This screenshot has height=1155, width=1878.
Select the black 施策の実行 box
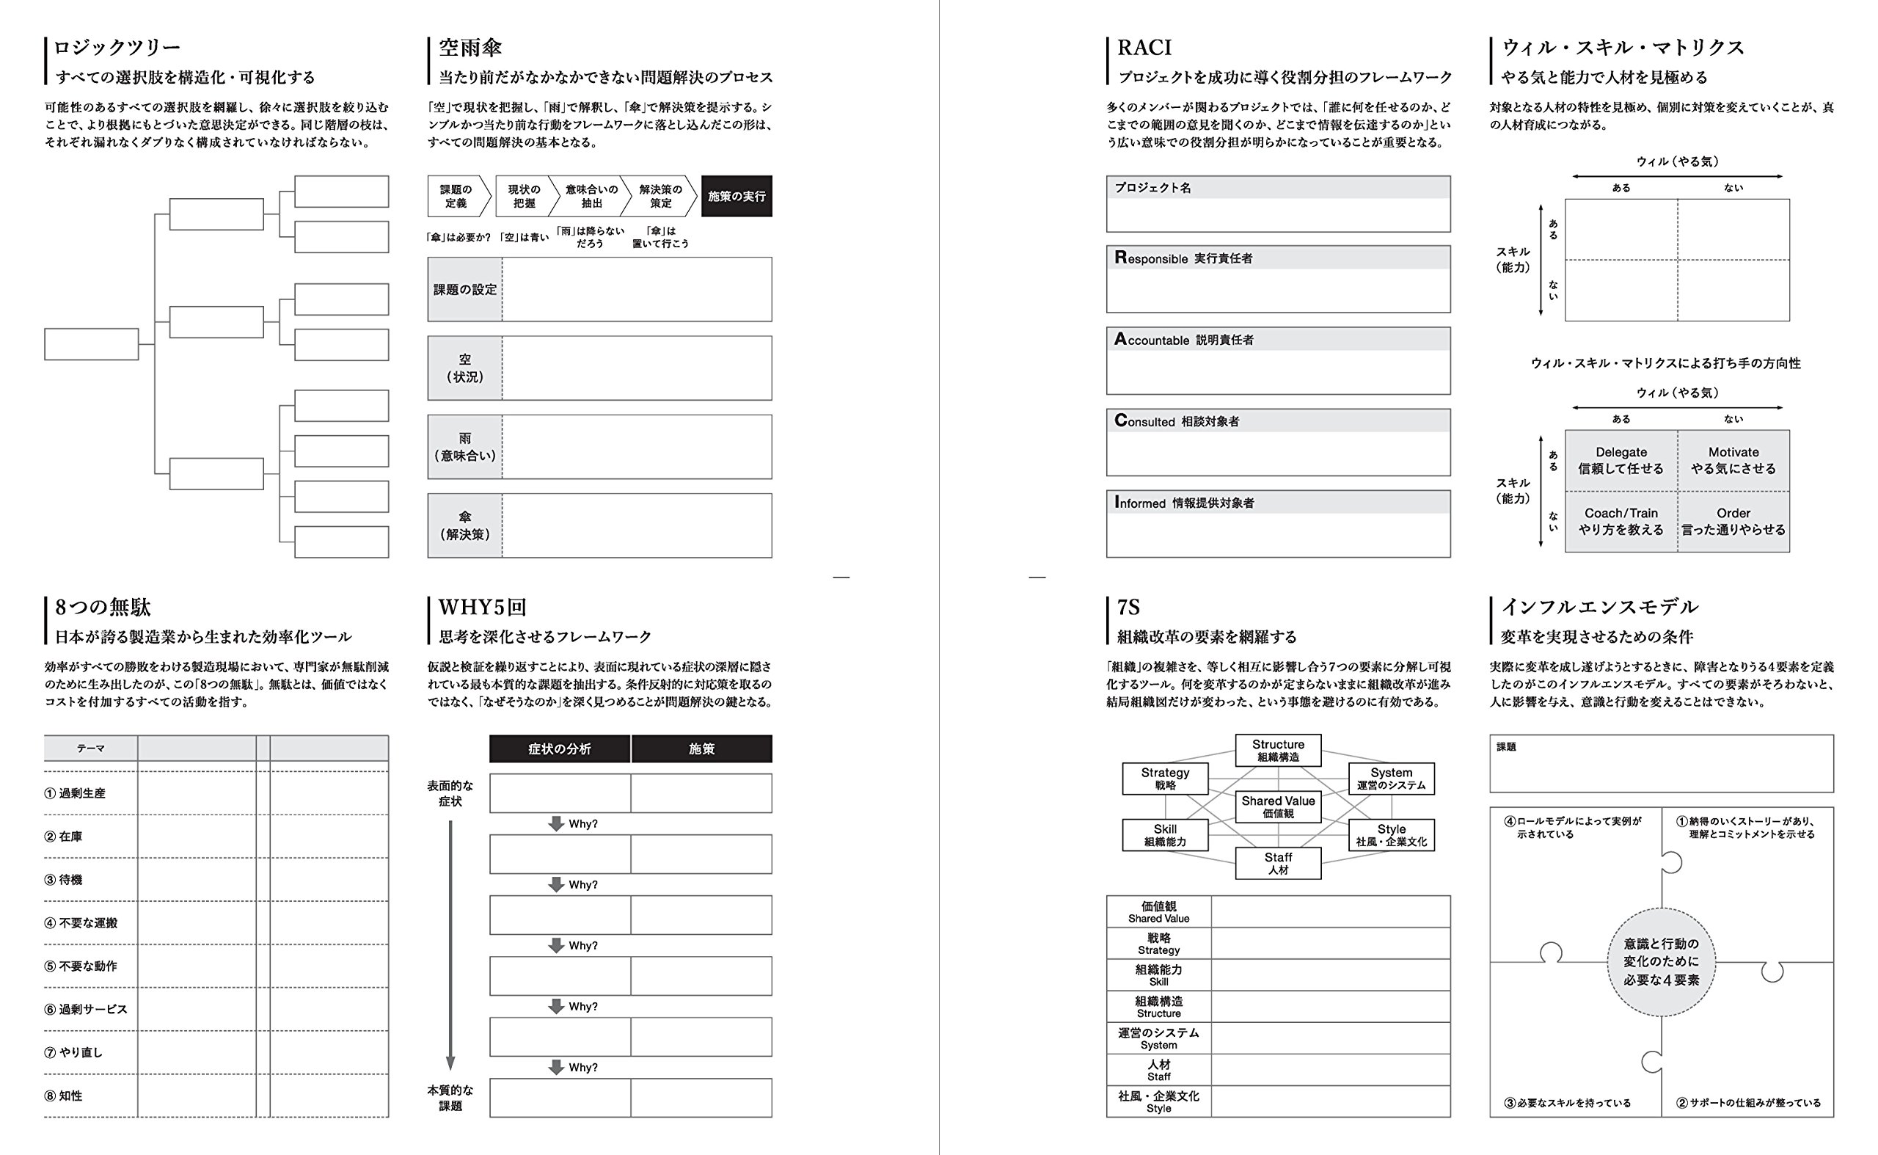[737, 197]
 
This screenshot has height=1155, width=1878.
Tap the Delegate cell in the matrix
[1621, 460]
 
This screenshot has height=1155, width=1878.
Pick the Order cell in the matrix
[1733, 521]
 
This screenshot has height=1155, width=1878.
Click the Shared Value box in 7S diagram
[1278, 806]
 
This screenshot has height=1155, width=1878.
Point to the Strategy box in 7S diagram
[1165, 779]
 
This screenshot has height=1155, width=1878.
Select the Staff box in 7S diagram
[1278, 863]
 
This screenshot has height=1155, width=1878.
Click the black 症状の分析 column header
[559, 748]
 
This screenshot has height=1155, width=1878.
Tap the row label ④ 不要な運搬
[81, 923]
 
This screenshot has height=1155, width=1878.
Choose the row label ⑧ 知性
[63, 1096]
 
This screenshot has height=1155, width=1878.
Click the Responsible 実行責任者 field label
[1183, 258]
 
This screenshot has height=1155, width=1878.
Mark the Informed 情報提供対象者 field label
[1184, 503]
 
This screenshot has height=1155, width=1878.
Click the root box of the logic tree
[91, 343]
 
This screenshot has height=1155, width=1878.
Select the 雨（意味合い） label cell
[464, 447]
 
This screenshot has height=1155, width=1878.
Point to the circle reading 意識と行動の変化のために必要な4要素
[1661, 962]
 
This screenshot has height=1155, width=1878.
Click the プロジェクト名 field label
[1152, 188]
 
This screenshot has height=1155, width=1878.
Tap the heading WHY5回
[482, 608]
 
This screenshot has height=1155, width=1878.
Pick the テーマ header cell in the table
[90, 748]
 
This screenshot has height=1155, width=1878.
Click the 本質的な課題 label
[450, 1098]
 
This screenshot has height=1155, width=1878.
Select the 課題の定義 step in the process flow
[456, 197]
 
